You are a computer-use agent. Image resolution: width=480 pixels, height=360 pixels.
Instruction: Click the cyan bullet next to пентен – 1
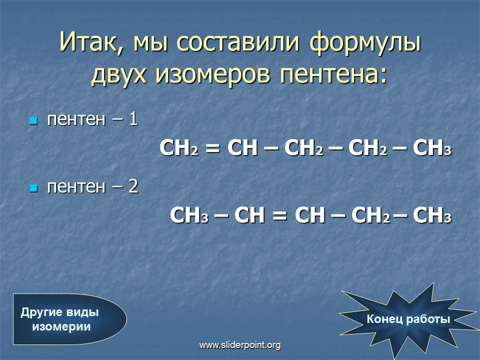point(33,120)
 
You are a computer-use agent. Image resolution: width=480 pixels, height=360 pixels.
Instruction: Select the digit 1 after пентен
point(133,119)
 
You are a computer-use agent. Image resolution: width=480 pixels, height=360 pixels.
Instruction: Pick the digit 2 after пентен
point(133,186)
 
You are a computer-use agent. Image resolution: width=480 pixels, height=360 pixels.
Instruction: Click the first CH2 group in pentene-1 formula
point(179,148)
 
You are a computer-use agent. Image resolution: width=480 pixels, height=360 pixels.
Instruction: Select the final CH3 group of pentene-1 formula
point(432,148)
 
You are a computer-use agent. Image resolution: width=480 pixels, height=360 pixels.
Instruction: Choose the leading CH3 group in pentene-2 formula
point(189,215)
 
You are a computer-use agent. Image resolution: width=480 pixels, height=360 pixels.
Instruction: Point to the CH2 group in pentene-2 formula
point(370,215)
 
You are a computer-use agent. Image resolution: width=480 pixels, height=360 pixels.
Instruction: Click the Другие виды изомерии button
point(69,319)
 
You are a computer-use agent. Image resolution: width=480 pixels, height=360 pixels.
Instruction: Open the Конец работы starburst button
point(408,319)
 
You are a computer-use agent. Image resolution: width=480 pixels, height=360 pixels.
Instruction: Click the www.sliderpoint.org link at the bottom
point(240,345)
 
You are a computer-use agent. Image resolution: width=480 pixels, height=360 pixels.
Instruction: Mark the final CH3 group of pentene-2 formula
point(432,215)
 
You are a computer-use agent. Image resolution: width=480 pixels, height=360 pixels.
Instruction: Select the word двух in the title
point(119,74)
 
